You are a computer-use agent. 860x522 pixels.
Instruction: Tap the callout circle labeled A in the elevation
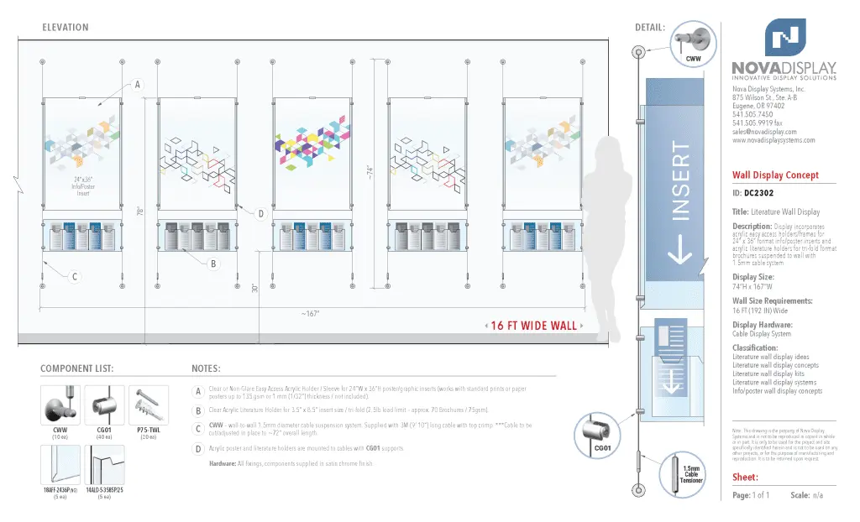point(137,85)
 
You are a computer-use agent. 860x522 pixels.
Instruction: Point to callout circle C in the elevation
point(75,277)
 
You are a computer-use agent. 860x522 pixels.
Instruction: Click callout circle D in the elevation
point(260,214)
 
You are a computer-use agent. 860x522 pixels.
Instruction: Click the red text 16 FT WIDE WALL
point(534,326)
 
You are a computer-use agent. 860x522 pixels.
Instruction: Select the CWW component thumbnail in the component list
point(60,405)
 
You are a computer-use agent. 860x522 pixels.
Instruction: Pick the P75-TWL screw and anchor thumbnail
point(148,405)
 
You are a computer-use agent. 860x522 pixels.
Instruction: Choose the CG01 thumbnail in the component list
point(104,405)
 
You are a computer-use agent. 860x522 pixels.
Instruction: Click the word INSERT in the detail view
point(680,182)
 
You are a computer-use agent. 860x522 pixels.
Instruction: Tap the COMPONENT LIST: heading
point(76,368)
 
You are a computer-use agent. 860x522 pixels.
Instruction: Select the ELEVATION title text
point(65,28)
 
